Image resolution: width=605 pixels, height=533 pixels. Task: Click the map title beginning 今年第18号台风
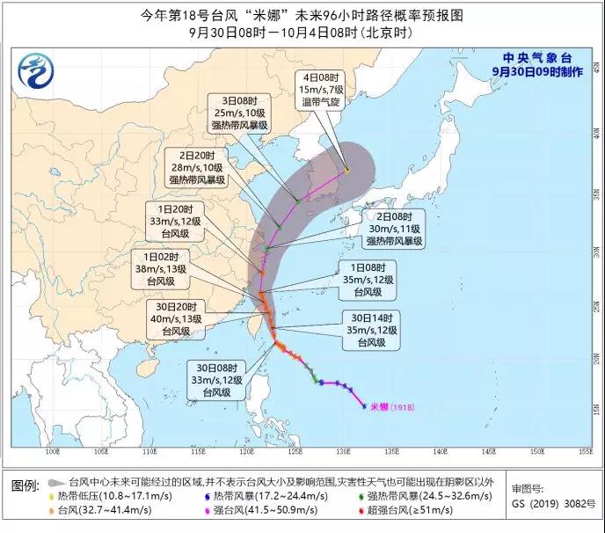pyautogui.click(x=302, y=14)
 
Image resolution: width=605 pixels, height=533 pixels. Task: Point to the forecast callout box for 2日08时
pyautogui.click(x=394, y=228)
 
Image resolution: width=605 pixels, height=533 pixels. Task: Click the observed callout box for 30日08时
pyautogui.click(x=212, y=379)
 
